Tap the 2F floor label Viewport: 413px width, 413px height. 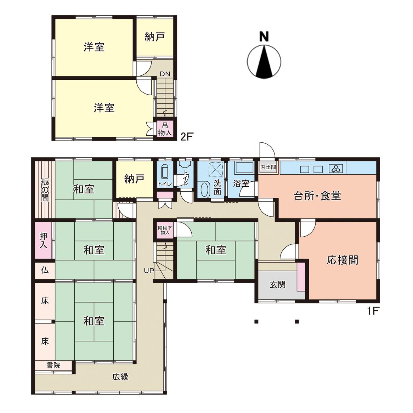pyautogui.click(x=186, y=136)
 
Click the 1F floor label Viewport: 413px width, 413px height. pyautogui.click(x=373, y=311)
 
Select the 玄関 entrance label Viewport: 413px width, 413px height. pyautogui.click(x=278, y=284)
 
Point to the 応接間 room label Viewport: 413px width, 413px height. pyautogui.click(x=342, y=260)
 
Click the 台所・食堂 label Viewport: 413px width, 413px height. pyautogui.click(x=317, y=196)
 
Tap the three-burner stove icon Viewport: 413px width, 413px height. pyautogui.click(x=336, y=169)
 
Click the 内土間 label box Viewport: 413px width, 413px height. pyautogui.click(x=268, y=167)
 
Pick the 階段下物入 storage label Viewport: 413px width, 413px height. pyautogui.click(x=165, y=230)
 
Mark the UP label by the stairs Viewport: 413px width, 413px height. pyautogui.click(x=149, y=271)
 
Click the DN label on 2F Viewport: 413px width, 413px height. pyautogui.click(x=165, y=74)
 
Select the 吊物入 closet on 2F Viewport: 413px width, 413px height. pyautogui.click(x=165, y=129)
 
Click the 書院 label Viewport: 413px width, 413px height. pyautogui.click(x=53, y=365)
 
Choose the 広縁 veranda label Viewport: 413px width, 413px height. pyautogui.click(x=120, y=377)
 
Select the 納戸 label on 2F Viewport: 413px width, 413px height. pyautogui.click(x=155, y=37)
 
